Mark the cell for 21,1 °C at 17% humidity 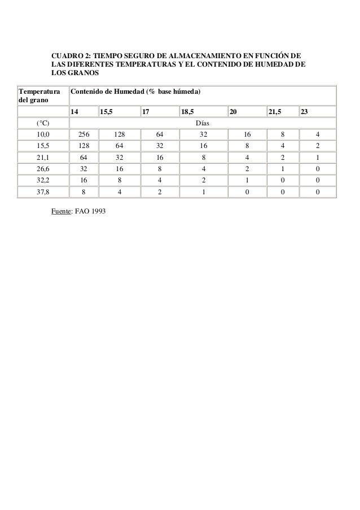pyautogui.click(x=160, y=158)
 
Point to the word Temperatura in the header pyautogui.click(x=38, y=91)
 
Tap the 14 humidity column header pyautogui.click(x=74, y=111)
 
